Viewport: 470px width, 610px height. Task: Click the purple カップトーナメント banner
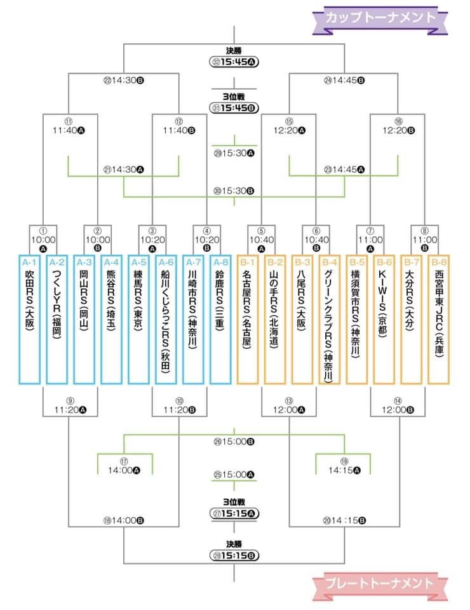click(380, 18)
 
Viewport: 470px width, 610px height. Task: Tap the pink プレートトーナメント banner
click(380, 584)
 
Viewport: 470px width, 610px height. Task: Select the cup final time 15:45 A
click(234, 62)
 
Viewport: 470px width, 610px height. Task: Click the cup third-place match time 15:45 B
click(234, 108)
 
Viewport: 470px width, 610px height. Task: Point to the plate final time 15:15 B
click(234, 555)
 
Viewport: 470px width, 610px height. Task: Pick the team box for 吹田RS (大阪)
click(30, 320)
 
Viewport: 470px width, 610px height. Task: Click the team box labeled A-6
click(166, 320)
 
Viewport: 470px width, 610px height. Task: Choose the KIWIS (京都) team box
click(384, 320)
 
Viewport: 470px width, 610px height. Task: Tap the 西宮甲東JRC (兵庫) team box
click(439, 320)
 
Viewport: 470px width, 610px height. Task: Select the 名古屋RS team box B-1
click(248, 320)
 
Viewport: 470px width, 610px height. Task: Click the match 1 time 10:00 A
click(43, 240)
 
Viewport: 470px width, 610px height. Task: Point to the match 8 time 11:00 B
click(425, 240)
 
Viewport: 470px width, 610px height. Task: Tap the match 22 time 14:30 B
click(124, 81)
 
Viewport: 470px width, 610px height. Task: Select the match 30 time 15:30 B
click(234, 191)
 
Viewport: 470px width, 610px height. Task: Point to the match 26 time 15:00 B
click(234, 442)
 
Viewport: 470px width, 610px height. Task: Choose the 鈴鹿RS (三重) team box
click(220, 320)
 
